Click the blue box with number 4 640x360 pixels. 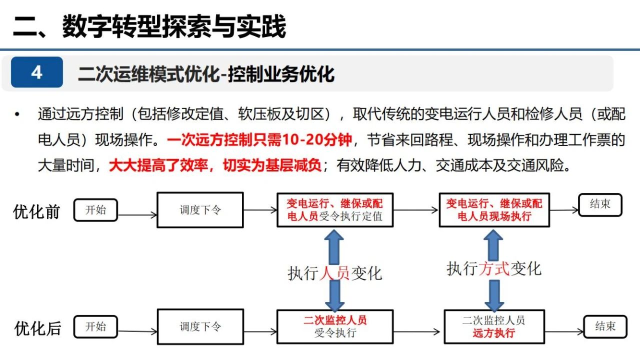(x=37, y=72)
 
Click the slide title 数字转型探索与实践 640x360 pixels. (x=174, y=26)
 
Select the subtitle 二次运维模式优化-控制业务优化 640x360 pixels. (x=206, y=74)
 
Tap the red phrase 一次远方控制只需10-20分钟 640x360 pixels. (x=259, y=139)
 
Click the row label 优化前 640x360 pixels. (x=36, y=211)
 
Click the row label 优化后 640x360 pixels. (x=37, y=328)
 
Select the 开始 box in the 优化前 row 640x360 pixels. (x=95, y=210)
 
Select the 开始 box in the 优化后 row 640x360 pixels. (x=95, y=326)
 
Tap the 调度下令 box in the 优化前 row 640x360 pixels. (x=200, y=210)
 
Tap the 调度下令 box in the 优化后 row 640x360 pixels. (x=200, y=326)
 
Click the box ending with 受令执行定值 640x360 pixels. (x=335, y=210)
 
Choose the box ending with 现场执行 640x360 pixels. (x=494, y=210)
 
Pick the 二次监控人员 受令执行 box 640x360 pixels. (x=335, y=326)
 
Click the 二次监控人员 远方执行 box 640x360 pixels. (x=494, y=326)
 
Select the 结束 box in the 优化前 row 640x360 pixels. (x=600, y=205)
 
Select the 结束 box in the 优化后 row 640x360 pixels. (x=605, y=326)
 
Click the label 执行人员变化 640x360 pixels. (x=335, y=273)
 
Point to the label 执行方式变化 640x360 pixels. (x=494, y=269)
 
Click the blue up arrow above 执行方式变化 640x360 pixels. (x=493, y=245)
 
